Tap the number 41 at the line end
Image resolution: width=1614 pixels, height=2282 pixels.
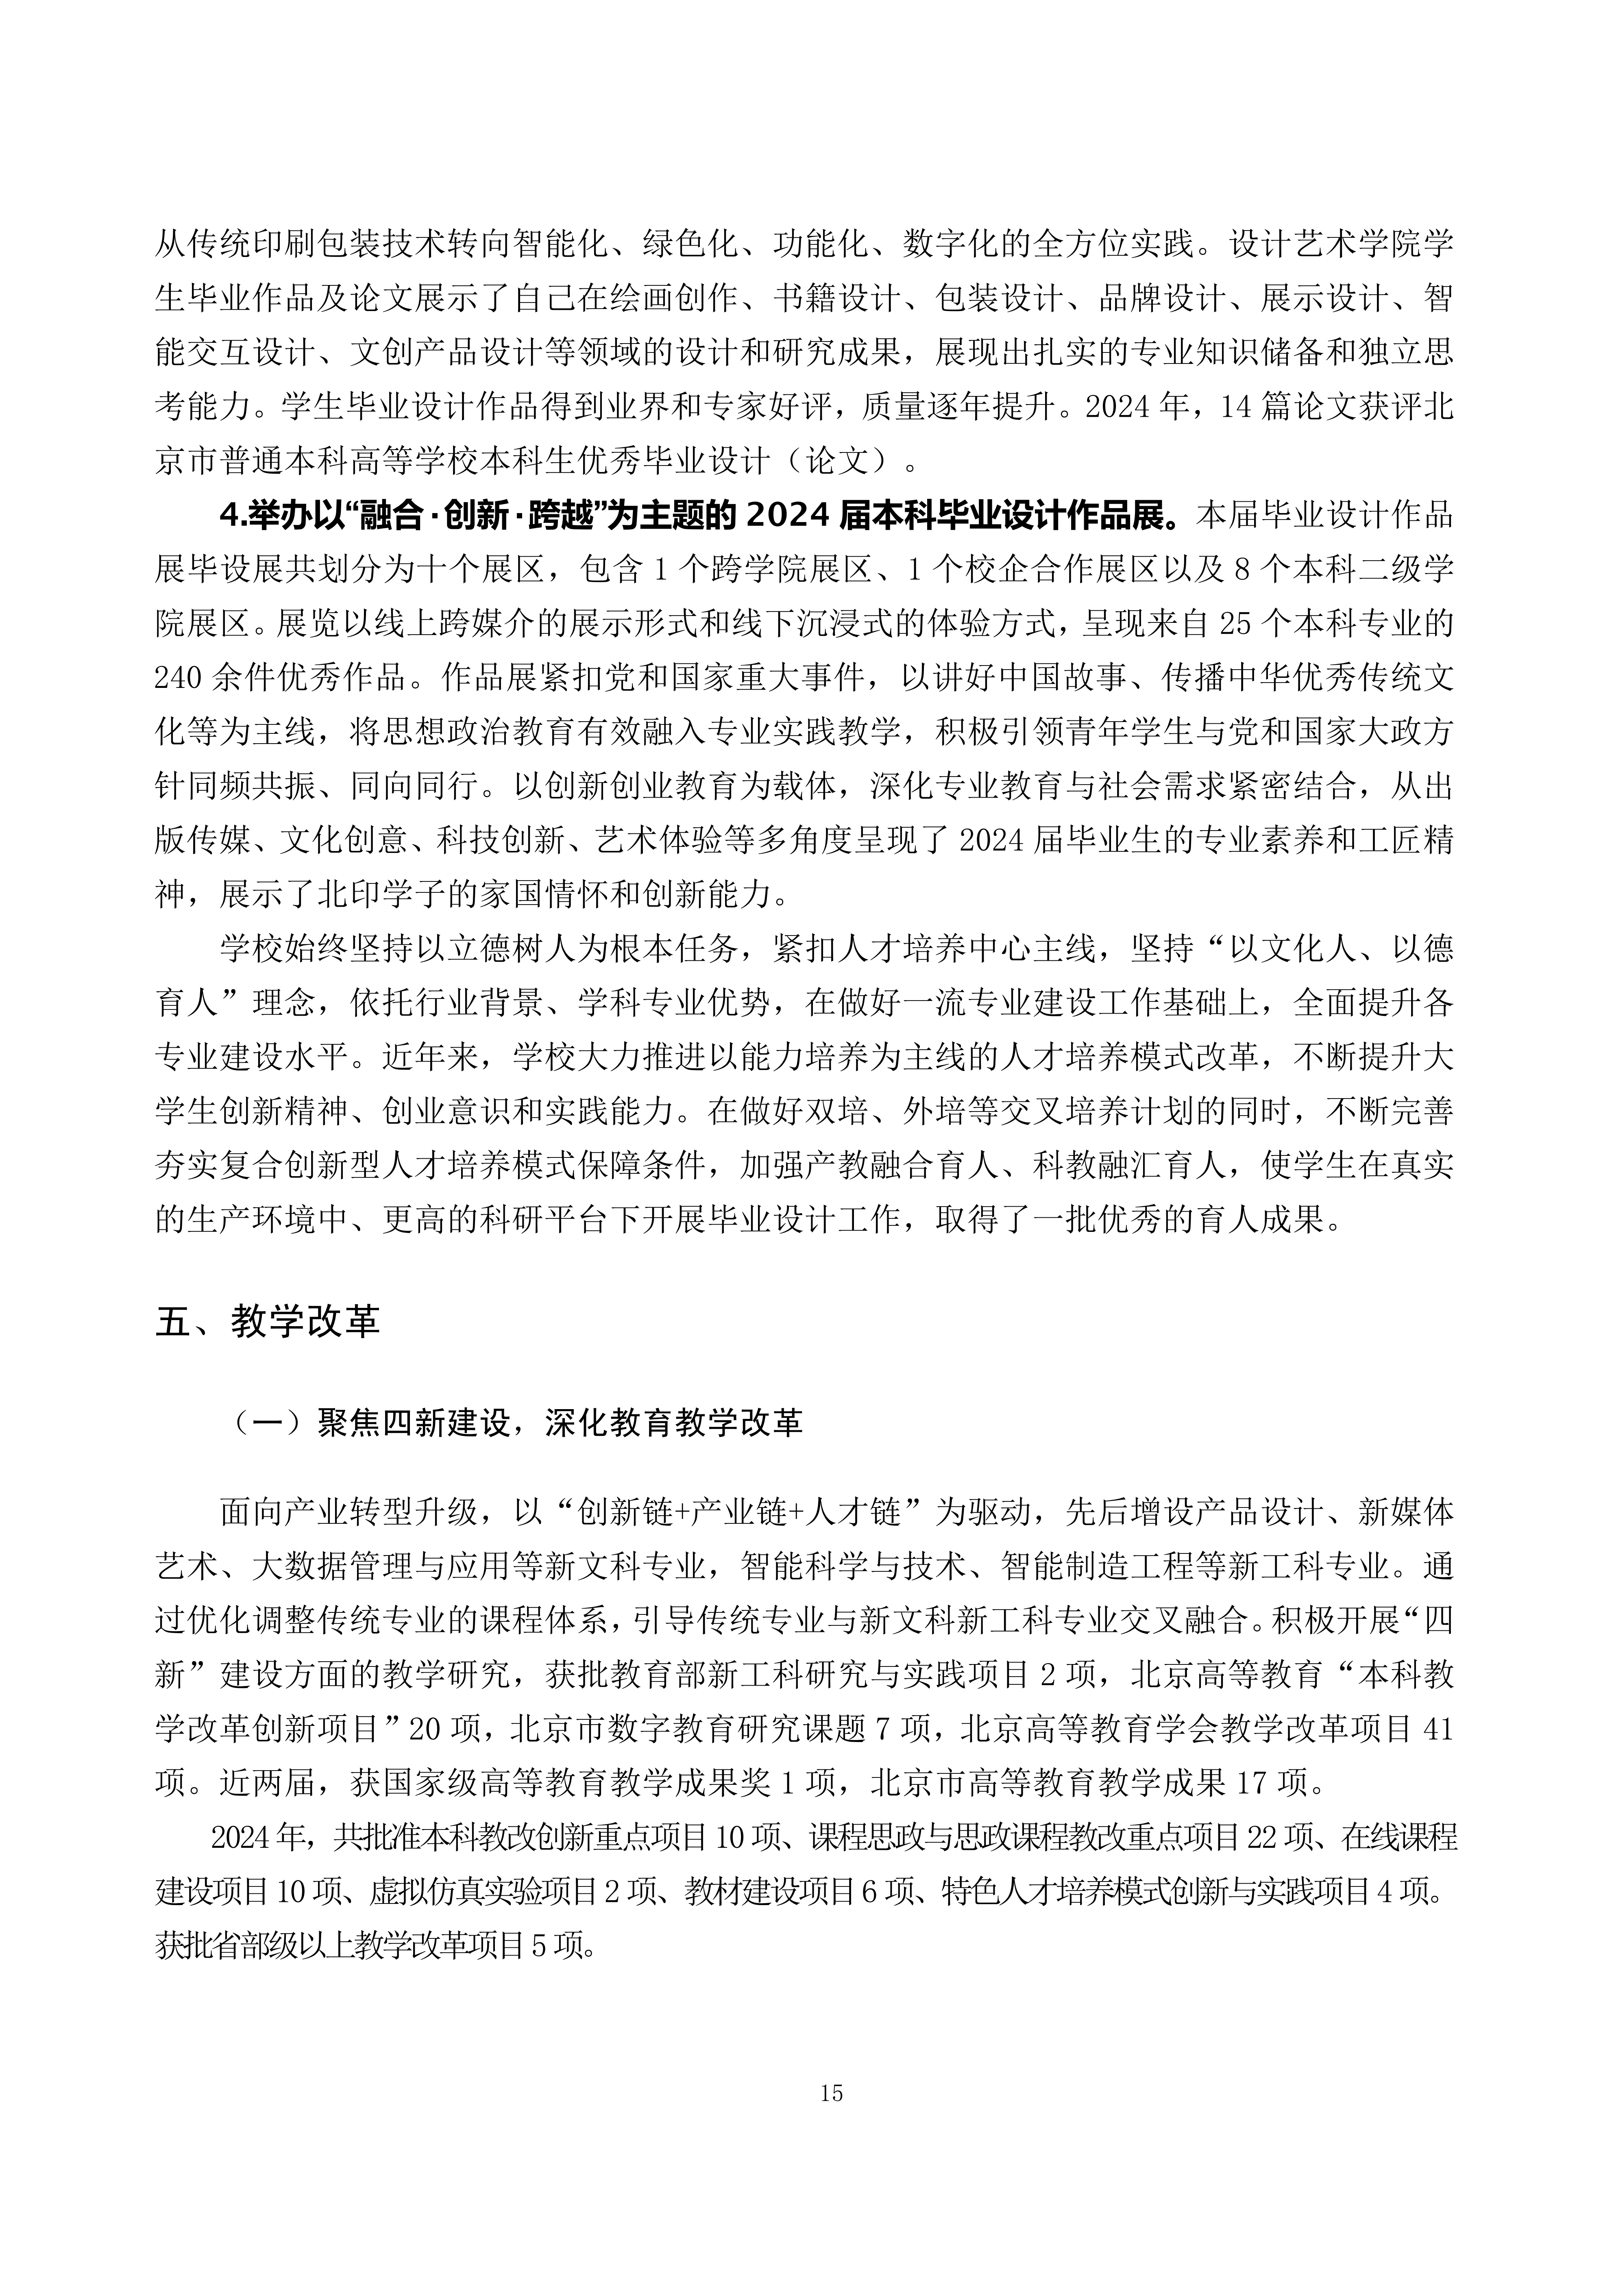click(1438, 1730)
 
